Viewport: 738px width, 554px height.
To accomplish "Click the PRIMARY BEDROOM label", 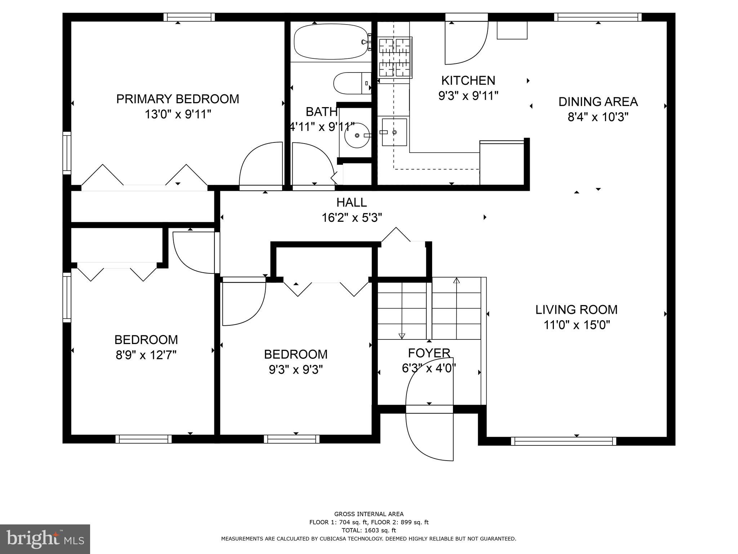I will (x=177, y=99).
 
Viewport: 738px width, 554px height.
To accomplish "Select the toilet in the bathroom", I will (x=352, y=83).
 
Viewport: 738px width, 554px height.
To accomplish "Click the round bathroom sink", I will (x=357, y=136).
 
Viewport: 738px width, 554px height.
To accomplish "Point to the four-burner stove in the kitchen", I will (x=395, y=58).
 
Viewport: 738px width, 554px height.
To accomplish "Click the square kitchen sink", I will (x=394, y=132).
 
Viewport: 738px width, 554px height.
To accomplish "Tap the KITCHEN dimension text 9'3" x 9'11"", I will (x=468, y=96).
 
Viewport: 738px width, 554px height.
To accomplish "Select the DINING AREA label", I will (x=598, y=102).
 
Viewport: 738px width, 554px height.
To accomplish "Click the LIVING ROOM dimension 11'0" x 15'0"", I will (x=576, y=325).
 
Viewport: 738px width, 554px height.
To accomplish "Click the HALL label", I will (x=351, y=202).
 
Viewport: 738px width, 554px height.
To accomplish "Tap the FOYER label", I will (x=429, y=353).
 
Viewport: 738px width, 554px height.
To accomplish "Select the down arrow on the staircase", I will (x=402, y=336).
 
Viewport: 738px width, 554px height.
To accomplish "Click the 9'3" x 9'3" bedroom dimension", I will (x=295, y=370).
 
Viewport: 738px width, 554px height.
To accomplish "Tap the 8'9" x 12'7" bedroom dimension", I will (x=146, y=356).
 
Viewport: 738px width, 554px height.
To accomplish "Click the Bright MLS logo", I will (x=45, y=539).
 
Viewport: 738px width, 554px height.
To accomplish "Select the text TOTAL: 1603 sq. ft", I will (x=369, y=530).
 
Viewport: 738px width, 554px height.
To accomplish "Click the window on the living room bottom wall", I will (x=563, y=441).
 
